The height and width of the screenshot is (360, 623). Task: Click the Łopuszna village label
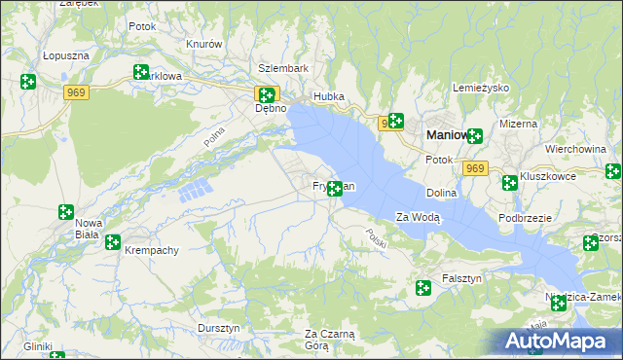pos(66,56)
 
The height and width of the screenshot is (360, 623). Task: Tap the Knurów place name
pos(204,45)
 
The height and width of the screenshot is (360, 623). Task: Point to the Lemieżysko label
pos(481,88)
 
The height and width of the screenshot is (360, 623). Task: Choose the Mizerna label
pos(518,124)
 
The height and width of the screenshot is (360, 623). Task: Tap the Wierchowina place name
pos(576,149)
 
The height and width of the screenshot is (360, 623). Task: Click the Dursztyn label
pos(218,329)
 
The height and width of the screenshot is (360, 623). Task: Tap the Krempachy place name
pos(152,250)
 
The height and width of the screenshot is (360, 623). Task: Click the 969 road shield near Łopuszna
pos(77,91)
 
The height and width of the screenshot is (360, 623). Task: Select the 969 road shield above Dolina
pos(474,168)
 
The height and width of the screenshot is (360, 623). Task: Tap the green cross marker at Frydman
pos(335,188)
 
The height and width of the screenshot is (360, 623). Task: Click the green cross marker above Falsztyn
pos(423,287)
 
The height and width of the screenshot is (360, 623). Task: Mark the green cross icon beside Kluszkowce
pos(509,182)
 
